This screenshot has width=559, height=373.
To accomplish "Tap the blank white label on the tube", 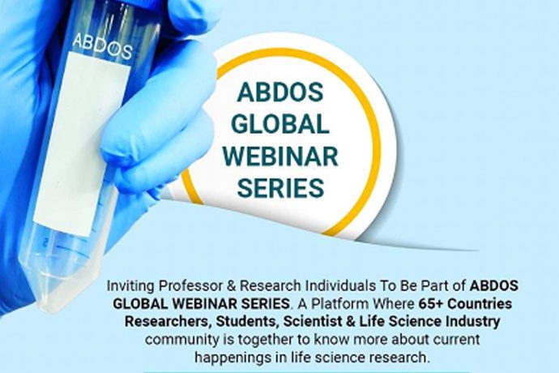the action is [83, 143].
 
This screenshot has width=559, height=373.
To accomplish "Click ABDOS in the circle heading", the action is [280, 92].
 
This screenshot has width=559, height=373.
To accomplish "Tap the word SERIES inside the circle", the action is [280, 187].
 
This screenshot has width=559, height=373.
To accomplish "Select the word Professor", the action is [190, 286].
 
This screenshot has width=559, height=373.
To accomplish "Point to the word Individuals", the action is [341, 286].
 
